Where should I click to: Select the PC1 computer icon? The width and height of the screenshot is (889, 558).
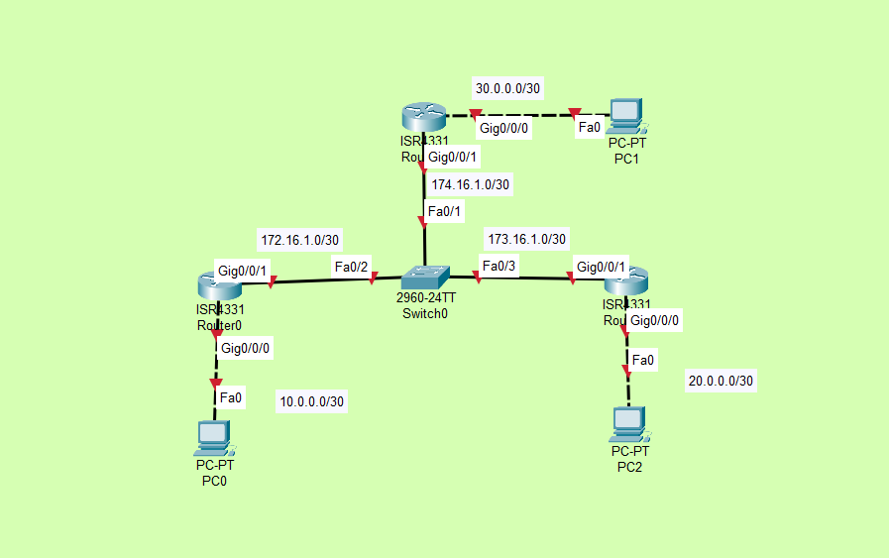point(625,116)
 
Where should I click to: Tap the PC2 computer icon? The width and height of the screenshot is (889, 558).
point(629,425)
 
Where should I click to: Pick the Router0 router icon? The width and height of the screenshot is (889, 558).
point(218,285)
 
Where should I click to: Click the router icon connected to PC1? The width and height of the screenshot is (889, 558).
point(422,118)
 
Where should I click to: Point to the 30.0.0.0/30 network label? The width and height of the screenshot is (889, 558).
point(508,89)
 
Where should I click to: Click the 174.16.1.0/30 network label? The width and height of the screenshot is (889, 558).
point(471,184)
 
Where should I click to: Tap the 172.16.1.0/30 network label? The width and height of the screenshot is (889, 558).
point(300,240)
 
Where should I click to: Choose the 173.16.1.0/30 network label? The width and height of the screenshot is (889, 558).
point(527,239)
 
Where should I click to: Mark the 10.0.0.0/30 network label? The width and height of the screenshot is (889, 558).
point(312,401)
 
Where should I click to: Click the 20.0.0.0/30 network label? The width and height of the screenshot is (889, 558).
point(721,381)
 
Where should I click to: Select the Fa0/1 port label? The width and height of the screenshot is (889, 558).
point(444,211)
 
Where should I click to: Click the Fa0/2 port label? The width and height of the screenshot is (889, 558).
point(351,267)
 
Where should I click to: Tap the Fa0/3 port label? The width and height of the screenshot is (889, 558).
point(499,266)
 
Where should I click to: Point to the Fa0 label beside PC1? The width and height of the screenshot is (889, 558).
point(590,127)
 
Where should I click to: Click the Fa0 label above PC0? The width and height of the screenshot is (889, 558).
point(231,398)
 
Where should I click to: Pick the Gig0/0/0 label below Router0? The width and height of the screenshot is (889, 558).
point(246,348)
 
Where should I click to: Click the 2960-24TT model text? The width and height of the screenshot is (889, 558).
point(426,298)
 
